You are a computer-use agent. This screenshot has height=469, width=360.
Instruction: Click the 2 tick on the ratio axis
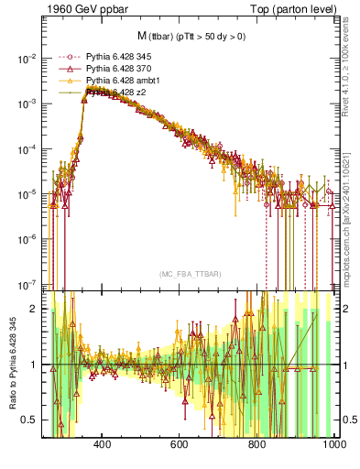(x=36, y=309)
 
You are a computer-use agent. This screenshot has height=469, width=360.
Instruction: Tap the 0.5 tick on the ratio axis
(x=32, y=420)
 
